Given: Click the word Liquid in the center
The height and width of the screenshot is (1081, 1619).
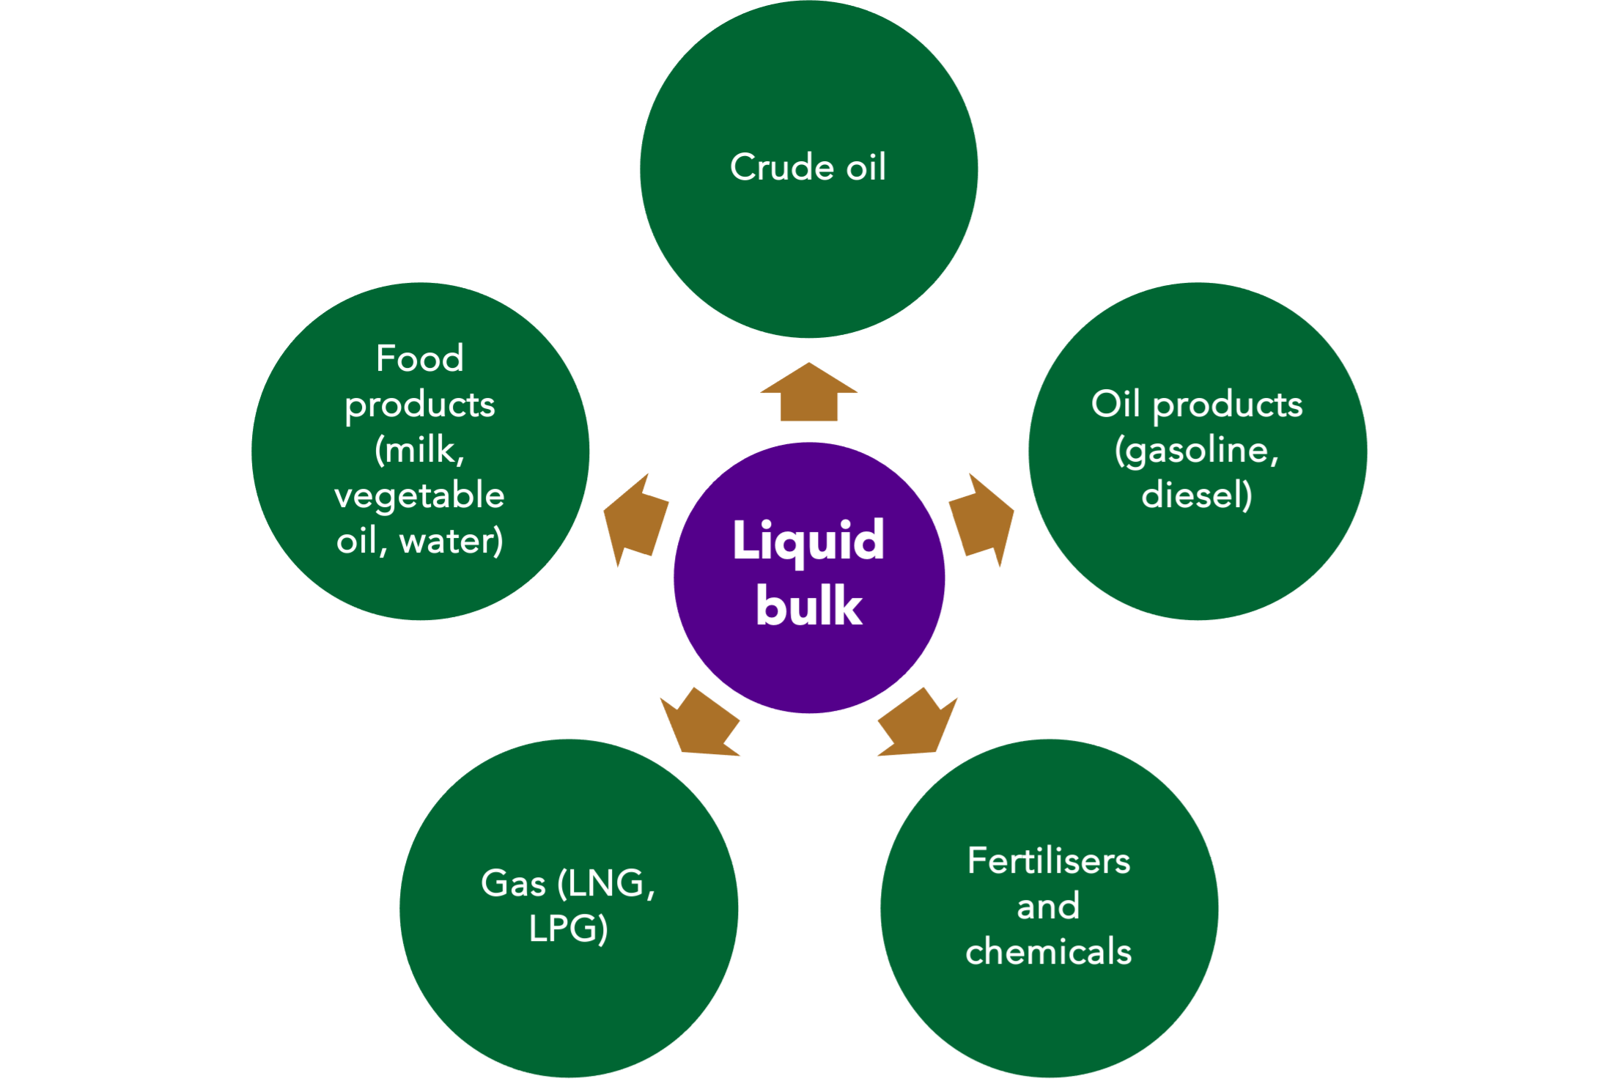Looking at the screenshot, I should point(808,541).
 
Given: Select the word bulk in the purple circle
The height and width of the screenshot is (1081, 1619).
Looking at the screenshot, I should point(809,606).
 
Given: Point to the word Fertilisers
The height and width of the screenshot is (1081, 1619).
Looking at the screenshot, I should point(1049,860).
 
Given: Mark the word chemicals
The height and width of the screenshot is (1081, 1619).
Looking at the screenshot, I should point(1049,951).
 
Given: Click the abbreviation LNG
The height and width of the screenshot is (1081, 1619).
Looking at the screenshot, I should point(605,883).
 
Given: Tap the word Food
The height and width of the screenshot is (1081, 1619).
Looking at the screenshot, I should point(420,358).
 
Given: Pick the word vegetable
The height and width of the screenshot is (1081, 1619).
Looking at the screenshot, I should point(420,496).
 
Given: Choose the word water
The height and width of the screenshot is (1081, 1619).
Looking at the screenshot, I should point(450,542).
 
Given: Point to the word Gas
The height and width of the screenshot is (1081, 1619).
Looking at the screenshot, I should point(513,883).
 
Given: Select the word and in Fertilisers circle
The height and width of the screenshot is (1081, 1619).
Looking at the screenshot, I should point(1049,906).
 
